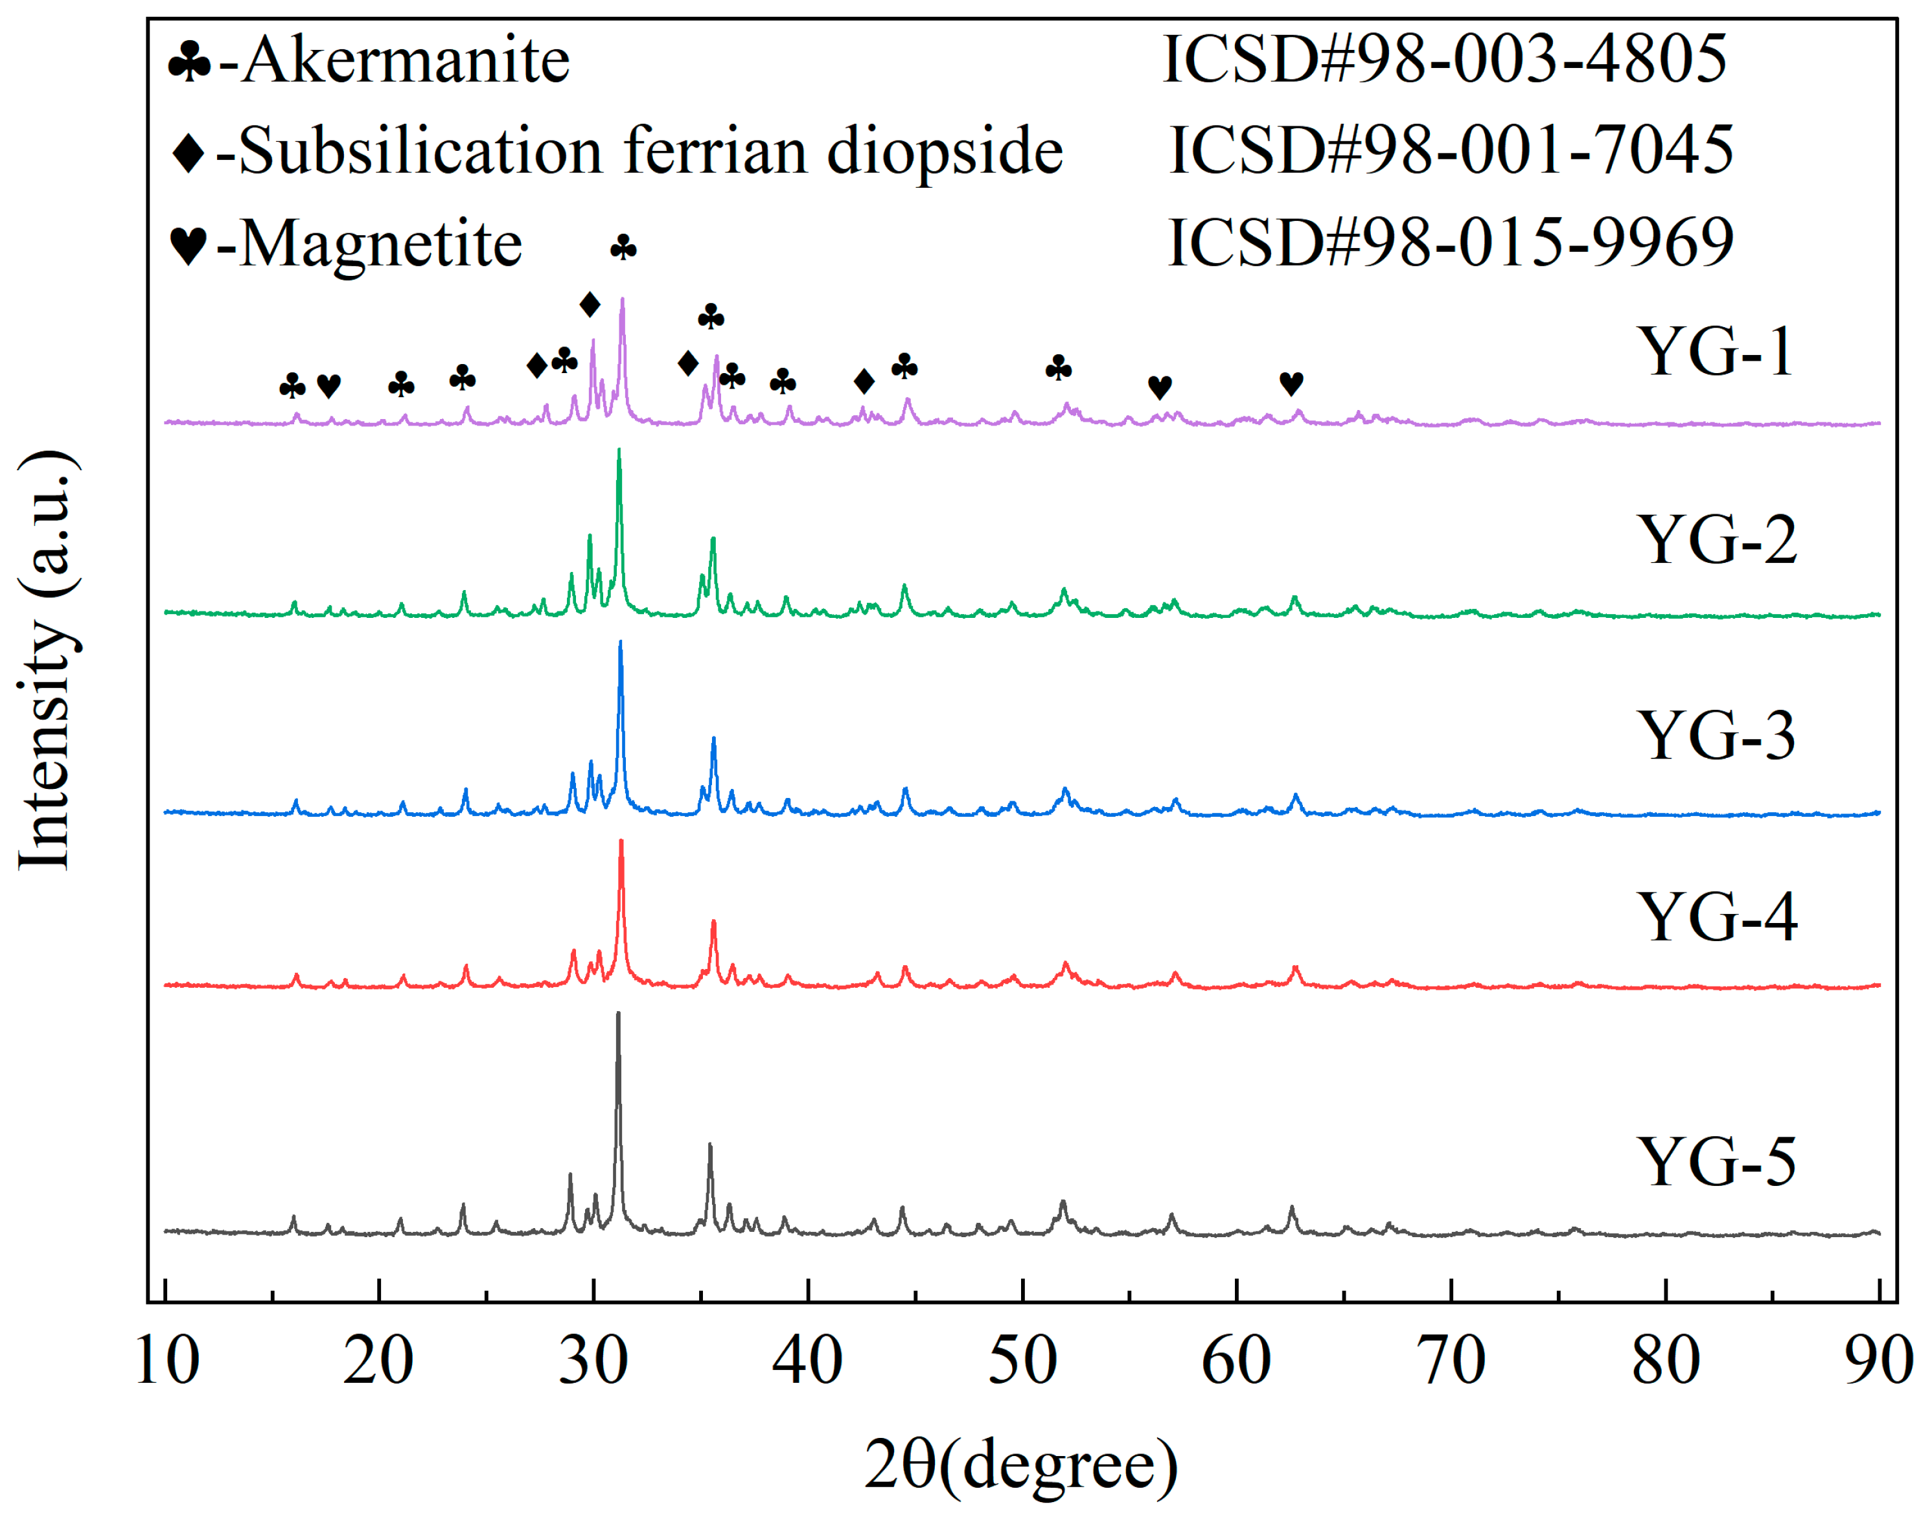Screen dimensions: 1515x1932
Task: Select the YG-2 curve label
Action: point(1716,540)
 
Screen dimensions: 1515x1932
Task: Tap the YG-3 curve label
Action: point(1715,735)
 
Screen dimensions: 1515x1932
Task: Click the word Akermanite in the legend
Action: point(406,60)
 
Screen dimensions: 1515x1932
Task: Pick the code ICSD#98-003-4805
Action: point(1444,60)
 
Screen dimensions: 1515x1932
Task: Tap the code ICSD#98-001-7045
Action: point(1451,150)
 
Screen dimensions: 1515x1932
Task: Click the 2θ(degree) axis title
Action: point(1021,1464)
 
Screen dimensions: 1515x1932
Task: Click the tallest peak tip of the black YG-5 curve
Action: point(618,1014)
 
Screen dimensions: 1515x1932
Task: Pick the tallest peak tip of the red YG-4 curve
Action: point(621,841)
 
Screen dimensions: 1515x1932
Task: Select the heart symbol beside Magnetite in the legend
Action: point(188,244)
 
